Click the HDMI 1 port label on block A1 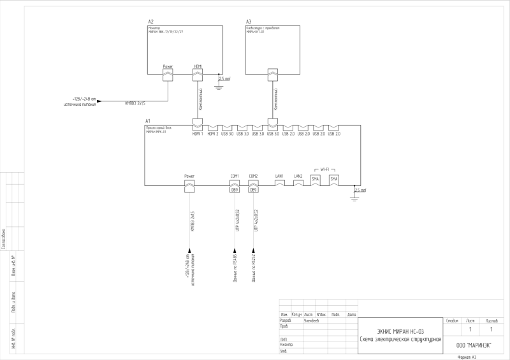click(197, 134)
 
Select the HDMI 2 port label click(212, 134)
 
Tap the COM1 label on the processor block click(234, 175)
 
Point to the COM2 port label click(253, 175)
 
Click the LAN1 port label click(279, 175)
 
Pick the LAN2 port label click(298, 175)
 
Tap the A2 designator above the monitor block click(150, 22)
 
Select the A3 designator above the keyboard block click(248, 22)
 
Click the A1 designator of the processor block click(148, 121)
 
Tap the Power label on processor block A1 click(189, 175)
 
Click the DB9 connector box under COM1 click(234, 189)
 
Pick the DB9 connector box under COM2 click(253, 189)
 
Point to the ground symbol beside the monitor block click(219, 85)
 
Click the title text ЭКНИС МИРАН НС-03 click(401, 331)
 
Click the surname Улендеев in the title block click(312, 320)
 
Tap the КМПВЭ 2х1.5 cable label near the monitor click(135, 103)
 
